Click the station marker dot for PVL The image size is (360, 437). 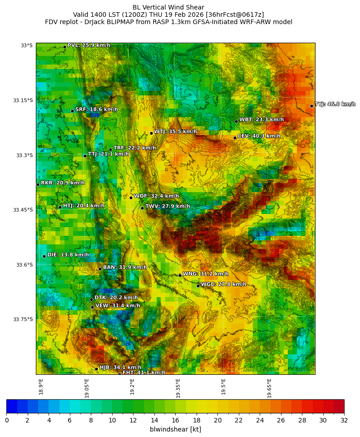64,47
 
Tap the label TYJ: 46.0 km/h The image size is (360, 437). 335,104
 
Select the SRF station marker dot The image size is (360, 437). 72,111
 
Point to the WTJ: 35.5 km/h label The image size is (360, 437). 175,132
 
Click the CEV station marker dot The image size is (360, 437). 235,138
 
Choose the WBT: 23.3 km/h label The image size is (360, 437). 261,120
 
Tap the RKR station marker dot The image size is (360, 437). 38,184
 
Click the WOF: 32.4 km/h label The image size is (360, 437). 156,196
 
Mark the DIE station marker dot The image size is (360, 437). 44,256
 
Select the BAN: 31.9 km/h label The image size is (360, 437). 125,268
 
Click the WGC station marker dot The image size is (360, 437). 198,286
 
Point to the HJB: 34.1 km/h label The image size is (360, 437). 120,367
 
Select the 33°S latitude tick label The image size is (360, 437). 26,45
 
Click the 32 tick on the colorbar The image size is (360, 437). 344,421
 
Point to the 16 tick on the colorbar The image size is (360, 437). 175,421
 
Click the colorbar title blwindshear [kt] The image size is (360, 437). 175,429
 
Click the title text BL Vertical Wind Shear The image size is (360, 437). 168,7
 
